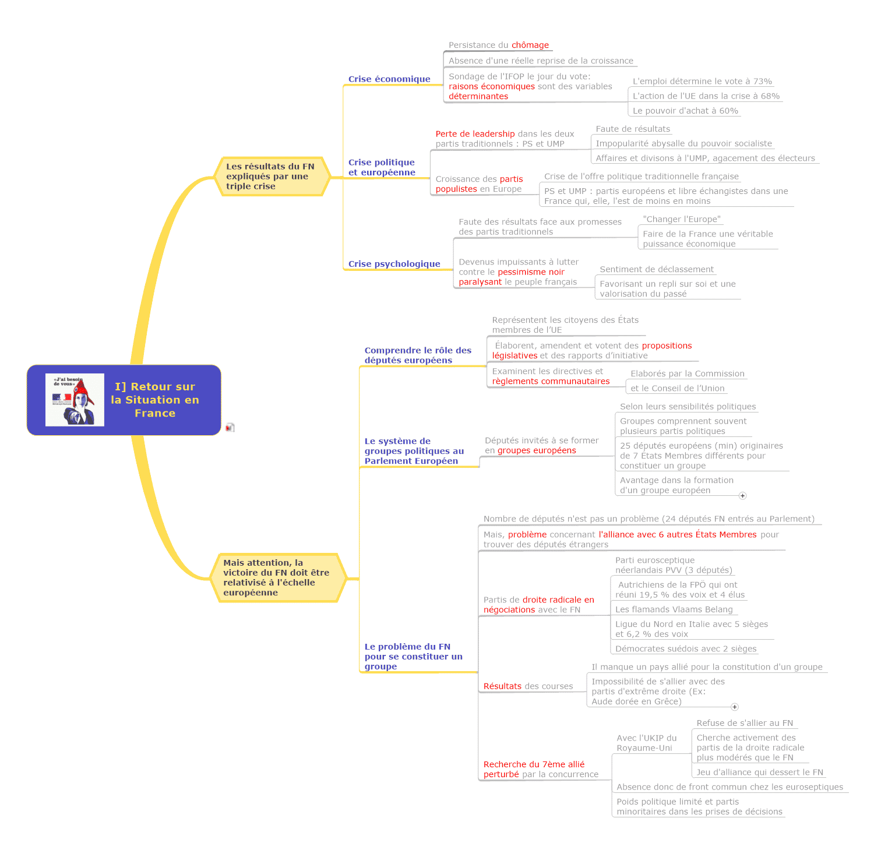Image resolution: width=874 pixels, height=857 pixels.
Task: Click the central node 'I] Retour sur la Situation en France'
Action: [155, 400]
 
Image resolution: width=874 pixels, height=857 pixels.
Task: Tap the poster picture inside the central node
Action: [75, 400]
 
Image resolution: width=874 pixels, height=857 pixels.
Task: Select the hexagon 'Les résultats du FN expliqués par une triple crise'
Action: [270, 177]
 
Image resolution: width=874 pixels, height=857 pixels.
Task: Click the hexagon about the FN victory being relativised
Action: [276, 577]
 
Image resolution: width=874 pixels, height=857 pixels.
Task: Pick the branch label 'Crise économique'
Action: [389, 79]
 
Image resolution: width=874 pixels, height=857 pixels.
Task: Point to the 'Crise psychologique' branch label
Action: [394, 264]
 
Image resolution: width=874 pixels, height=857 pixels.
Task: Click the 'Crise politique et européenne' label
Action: [382, 167]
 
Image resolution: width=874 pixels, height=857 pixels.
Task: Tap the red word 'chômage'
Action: [530, 45]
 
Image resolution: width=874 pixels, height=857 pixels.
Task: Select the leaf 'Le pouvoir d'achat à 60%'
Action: [685, 111]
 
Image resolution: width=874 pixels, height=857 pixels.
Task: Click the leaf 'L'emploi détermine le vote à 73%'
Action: [702, 82]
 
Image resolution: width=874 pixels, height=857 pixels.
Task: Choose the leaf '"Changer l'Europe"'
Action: [682, 219]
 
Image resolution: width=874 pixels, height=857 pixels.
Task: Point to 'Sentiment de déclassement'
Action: [657, 269]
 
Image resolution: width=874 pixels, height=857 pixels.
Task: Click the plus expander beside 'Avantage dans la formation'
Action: [742, 496]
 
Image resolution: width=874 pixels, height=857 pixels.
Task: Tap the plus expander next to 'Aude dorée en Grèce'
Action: [735, 707]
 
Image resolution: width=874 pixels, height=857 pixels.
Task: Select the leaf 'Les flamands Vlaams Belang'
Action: [674, 609]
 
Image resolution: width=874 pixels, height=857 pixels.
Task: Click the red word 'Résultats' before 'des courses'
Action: [502, 686]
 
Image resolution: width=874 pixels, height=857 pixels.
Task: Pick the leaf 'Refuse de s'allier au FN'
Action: [745, 723]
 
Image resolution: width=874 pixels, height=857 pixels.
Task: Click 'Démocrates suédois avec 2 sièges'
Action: [686, 649]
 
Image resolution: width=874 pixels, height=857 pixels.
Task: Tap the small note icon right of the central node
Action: [230, 428]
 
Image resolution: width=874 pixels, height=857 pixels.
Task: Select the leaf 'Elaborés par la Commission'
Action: [688, 373]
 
